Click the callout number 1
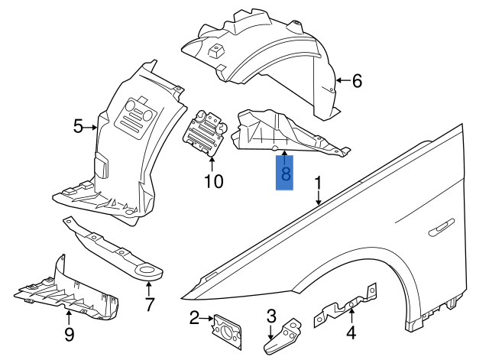pos(318,183)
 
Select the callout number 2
pos(194,317)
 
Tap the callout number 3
pos(270,316)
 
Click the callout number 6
pos(357,80)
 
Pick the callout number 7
pos(150,304)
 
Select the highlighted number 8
pos(285,174)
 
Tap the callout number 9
pos(69,333)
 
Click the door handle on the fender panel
pos(442,227)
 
